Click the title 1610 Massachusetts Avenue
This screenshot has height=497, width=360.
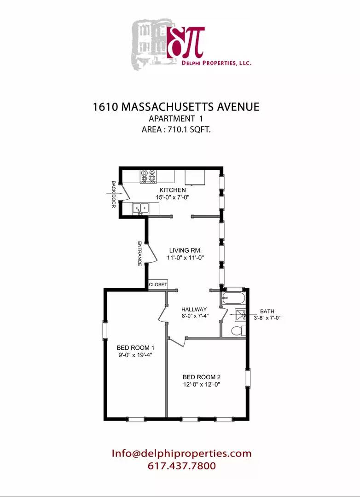click(176, 107)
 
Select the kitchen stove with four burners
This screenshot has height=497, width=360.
click(149, 176)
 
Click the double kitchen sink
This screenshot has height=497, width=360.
click(141, 209)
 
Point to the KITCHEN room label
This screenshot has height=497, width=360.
click(173, 190)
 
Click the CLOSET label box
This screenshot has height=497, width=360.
click(158, 285)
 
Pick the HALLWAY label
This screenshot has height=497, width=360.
click(194, 309)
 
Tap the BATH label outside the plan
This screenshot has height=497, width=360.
click(267, 311)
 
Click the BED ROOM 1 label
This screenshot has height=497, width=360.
click(135, 347)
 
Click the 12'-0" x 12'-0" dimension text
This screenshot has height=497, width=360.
click(202, 385)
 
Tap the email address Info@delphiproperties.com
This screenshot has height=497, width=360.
click(181, 453)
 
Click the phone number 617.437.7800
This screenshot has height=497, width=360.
click(181, 466)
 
